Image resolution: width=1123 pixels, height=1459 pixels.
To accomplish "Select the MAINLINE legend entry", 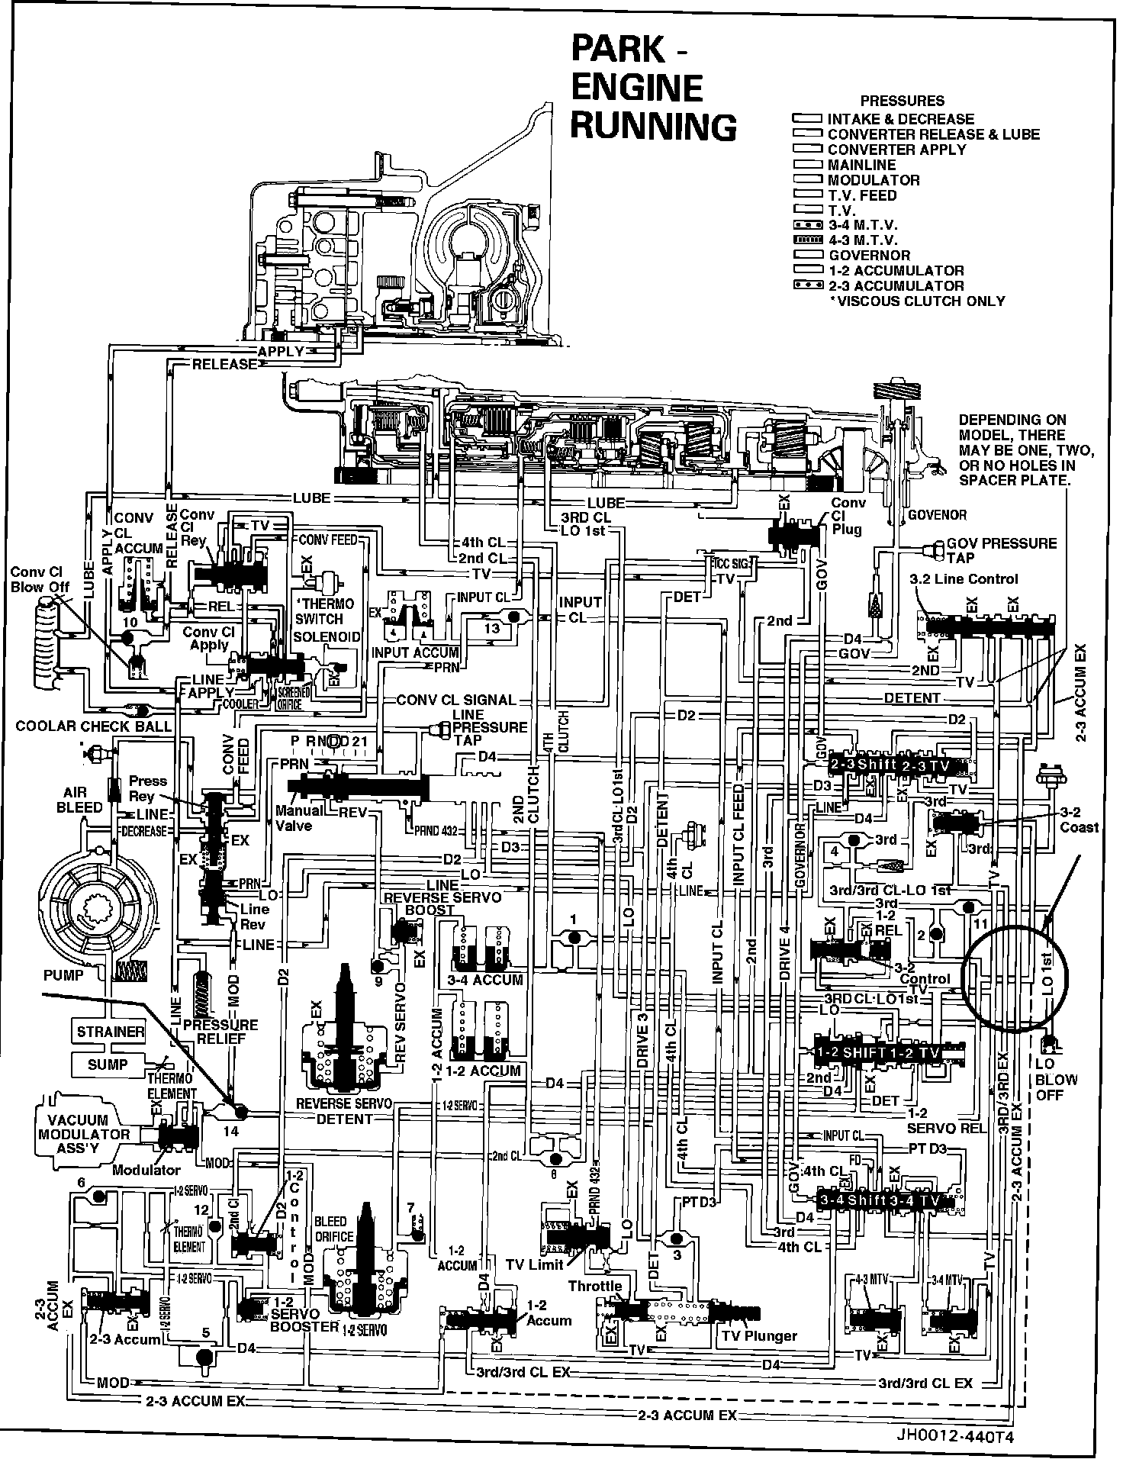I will pyautogui.click(x=861, y=165).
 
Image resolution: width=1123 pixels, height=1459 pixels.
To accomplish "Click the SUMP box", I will pyautogui.click(x=108, y=1064).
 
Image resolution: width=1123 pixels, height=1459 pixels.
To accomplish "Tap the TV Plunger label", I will pyautogui.click(x=759, y=1335).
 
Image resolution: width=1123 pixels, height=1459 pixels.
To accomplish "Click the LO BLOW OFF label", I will pyautogui.click(x=1056, y=1079).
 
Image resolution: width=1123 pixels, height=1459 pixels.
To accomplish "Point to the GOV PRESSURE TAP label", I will pyautogui.click(x=1001, y=550).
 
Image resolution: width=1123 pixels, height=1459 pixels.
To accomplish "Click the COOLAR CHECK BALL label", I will pyautogui.click(x=94, y=726).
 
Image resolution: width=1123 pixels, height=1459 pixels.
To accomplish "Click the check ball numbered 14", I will pyautogui.click(x=240, y=1111).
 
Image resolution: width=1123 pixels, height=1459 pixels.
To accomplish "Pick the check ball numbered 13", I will pyautogui.click(x=513, y=616).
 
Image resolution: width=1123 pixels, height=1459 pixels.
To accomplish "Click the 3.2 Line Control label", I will pyautogui.click(x=964, y=578).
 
